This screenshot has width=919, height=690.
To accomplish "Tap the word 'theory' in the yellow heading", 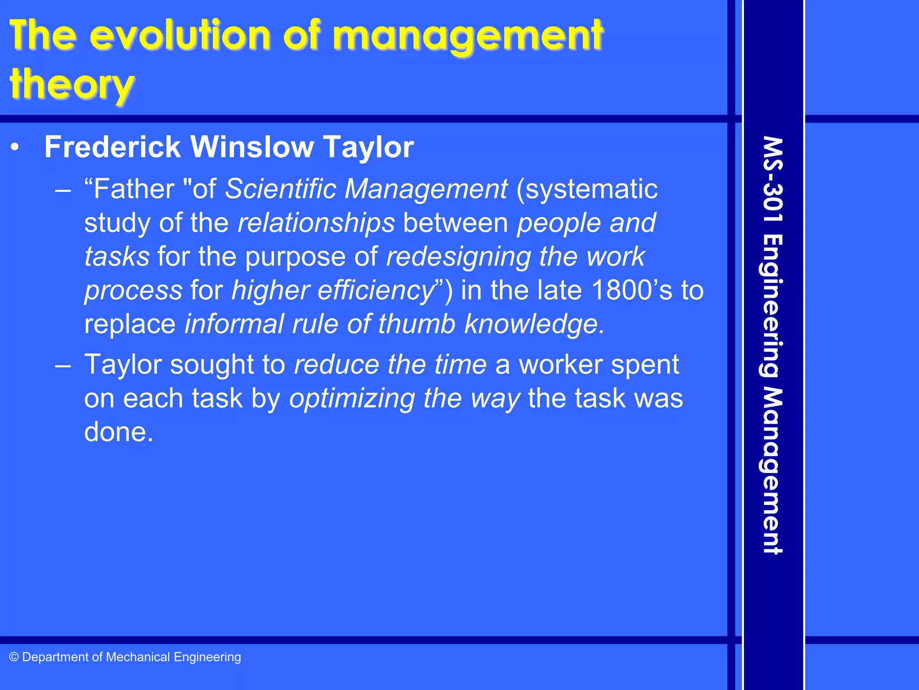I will pos(72,85).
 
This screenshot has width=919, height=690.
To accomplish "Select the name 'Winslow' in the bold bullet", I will pos(252,147).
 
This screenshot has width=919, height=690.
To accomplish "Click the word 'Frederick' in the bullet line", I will pos(112,147).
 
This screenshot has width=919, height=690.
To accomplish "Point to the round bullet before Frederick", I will pos(15,147).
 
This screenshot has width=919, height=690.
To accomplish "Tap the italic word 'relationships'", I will pos(316,223).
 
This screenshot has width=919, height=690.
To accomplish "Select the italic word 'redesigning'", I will pos(458,257).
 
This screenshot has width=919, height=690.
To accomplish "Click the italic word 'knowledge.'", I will pos(534,324).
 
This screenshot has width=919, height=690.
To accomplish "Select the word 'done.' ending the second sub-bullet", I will pos(119,432).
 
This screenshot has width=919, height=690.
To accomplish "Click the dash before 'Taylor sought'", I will pos(63,365).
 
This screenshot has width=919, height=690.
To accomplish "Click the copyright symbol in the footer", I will pos(14,657).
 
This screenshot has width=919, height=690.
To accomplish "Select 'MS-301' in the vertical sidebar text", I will pos(773,180).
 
